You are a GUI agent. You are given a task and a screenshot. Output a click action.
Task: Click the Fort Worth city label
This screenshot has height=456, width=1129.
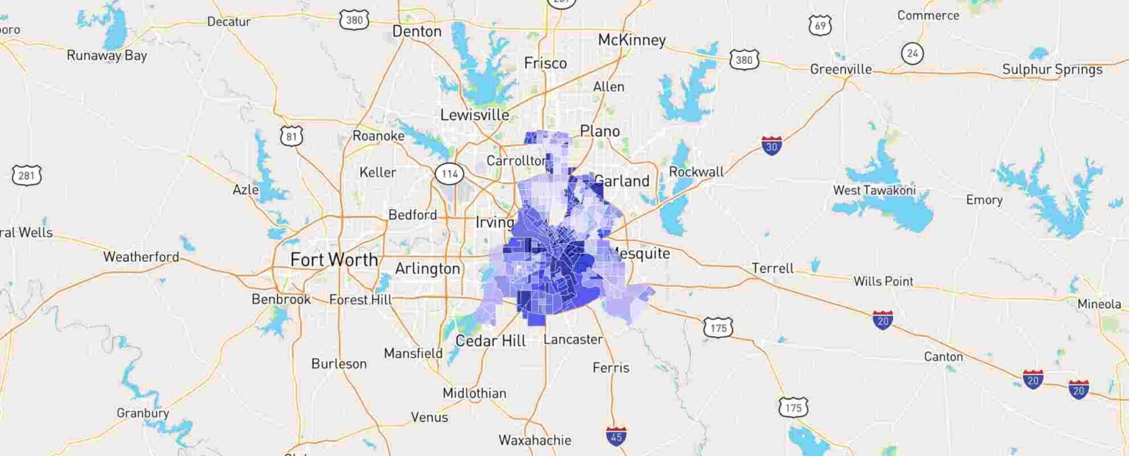[334, 260]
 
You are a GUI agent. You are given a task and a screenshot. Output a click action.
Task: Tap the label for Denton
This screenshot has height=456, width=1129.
[417, 32]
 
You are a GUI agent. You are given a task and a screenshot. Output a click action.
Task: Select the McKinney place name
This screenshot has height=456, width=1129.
[631, 40]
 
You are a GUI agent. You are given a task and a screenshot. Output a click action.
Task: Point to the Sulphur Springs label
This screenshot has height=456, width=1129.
[1053, 70]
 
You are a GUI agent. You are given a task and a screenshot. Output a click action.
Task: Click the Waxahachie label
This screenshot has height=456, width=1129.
[534, 440]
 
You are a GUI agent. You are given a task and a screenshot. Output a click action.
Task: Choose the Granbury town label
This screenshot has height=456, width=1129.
[143, 413]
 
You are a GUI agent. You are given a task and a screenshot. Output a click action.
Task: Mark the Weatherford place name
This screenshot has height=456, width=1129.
[141, 257]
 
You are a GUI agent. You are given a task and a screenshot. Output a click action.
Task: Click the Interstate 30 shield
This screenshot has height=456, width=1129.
[771, 145]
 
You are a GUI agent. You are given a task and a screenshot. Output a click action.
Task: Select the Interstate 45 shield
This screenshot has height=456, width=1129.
[616, 435]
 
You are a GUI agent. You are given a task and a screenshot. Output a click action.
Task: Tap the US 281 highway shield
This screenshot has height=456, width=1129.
[26, 175]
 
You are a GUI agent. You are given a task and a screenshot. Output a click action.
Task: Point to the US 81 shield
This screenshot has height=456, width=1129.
[291, 135]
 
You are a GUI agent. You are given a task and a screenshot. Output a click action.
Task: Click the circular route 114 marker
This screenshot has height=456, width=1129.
[448, 174]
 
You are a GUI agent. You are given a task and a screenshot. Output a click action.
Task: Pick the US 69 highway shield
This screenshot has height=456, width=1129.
[820, 26]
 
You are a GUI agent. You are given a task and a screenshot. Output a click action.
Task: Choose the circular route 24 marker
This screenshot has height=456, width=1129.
[912, 53]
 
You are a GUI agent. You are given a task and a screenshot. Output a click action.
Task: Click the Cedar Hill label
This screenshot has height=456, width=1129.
[490, 341]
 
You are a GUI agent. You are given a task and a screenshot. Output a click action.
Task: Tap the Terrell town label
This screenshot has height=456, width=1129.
[773, 268]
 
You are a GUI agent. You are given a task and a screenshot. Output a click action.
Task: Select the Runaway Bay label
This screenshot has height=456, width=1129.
[107, 55]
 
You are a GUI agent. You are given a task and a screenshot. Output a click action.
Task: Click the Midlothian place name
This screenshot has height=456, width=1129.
[474, 393]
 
